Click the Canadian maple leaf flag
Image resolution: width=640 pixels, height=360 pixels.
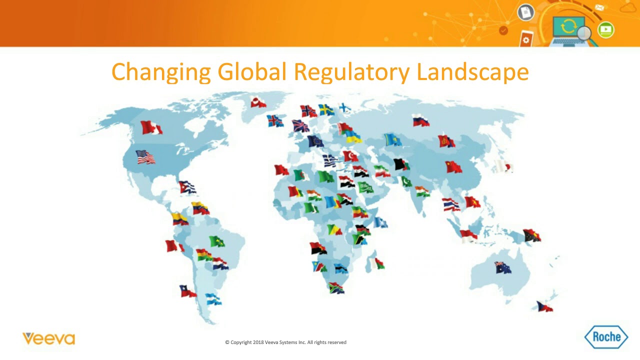pos(151,127)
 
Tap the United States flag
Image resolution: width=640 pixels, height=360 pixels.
pos(145,157)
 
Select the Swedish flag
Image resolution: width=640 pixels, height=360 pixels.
pos(326,110)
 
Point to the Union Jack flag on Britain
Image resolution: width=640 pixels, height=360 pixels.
pos(300,126)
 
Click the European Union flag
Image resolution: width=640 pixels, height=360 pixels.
pos(315,141)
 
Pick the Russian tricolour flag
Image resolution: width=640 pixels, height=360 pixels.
pos(421,120)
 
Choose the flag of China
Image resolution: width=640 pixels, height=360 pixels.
pos(453,166)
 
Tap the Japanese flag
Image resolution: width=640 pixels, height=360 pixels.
pos(503,166)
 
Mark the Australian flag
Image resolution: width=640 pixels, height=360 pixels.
pos(503,267)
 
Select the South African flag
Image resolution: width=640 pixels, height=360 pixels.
pos(336,287)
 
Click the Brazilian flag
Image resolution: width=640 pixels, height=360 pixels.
pos(216,241)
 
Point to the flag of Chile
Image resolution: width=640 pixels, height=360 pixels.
pos(188,291)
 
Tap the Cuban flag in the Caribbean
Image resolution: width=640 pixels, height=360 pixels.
pos(187,187)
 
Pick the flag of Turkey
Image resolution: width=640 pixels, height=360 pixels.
pos(350,156)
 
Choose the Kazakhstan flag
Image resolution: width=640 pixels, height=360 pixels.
pos(393,140)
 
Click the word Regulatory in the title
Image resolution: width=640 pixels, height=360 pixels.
pos(351,72)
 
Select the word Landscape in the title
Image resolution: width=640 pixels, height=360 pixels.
pos(472,72)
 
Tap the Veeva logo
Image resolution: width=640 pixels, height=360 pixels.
pos(48,338)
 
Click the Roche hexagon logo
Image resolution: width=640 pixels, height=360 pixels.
pos(606,336)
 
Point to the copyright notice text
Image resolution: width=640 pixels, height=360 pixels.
pos(285,342)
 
